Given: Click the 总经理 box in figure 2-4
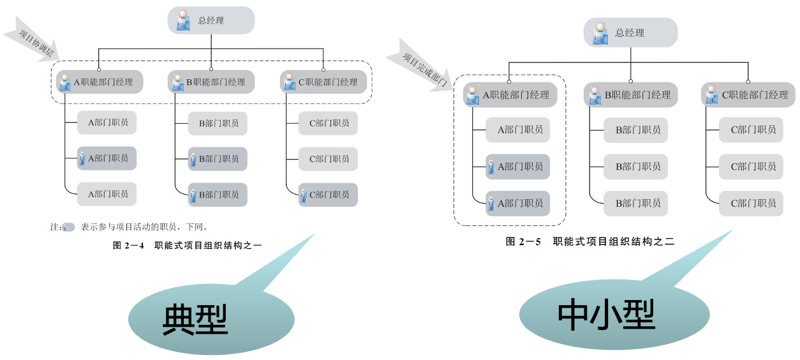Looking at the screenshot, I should click(x=211, y=20).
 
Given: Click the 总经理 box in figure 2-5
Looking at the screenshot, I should click(x=630, y=33).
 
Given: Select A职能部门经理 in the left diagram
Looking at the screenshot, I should click(x=100, y=82).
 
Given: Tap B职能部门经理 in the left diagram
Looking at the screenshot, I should click(x=211, y=82).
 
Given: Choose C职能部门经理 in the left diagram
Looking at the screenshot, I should click(x=323, y=82).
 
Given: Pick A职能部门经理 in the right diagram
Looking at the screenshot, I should click(x=510, y=95).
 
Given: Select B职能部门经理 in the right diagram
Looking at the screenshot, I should click(x=631, y=95).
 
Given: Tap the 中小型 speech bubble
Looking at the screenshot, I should click(x=606, y=313).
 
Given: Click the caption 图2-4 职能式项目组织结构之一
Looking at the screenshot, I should click(x=187, y=245).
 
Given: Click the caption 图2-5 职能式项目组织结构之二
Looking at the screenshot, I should click(x=590, y=241).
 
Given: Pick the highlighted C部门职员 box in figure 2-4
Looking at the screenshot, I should click(x=328, y=195).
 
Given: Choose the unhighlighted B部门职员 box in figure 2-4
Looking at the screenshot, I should click(x=218, y=123).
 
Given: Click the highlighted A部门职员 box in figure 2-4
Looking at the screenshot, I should click(x=107, y=158).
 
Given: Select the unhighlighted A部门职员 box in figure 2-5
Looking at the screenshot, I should click(x=517, y=130).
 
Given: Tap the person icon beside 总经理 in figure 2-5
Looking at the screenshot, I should click(x=600, y=33).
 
